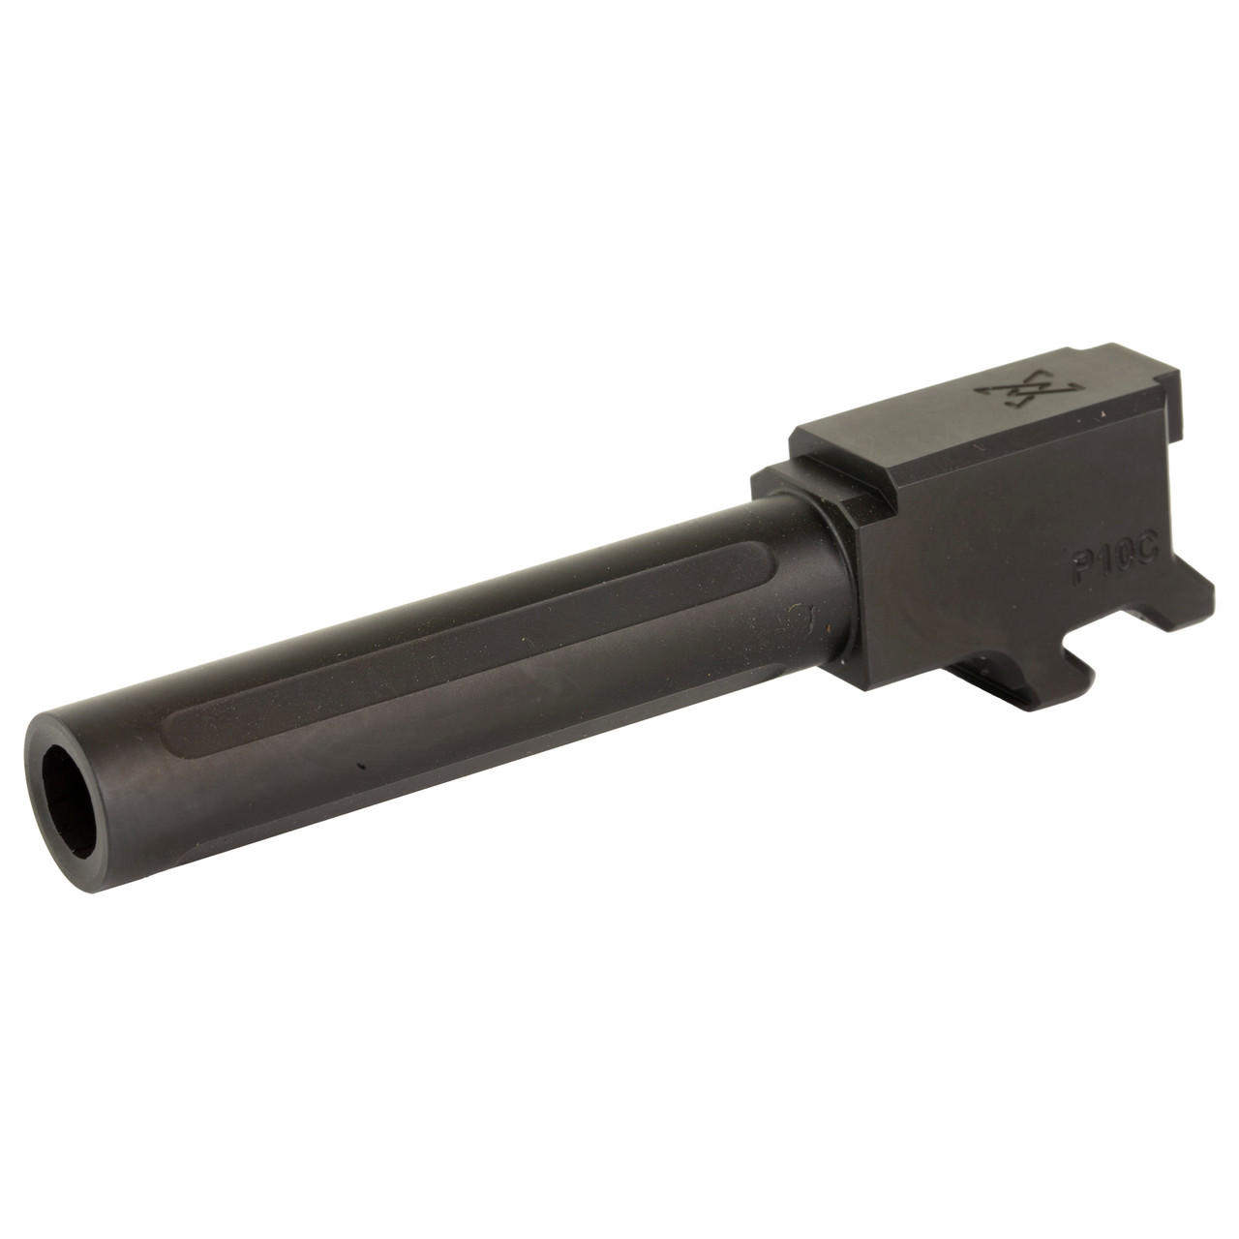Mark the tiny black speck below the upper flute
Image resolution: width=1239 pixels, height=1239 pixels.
coord(359,766)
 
